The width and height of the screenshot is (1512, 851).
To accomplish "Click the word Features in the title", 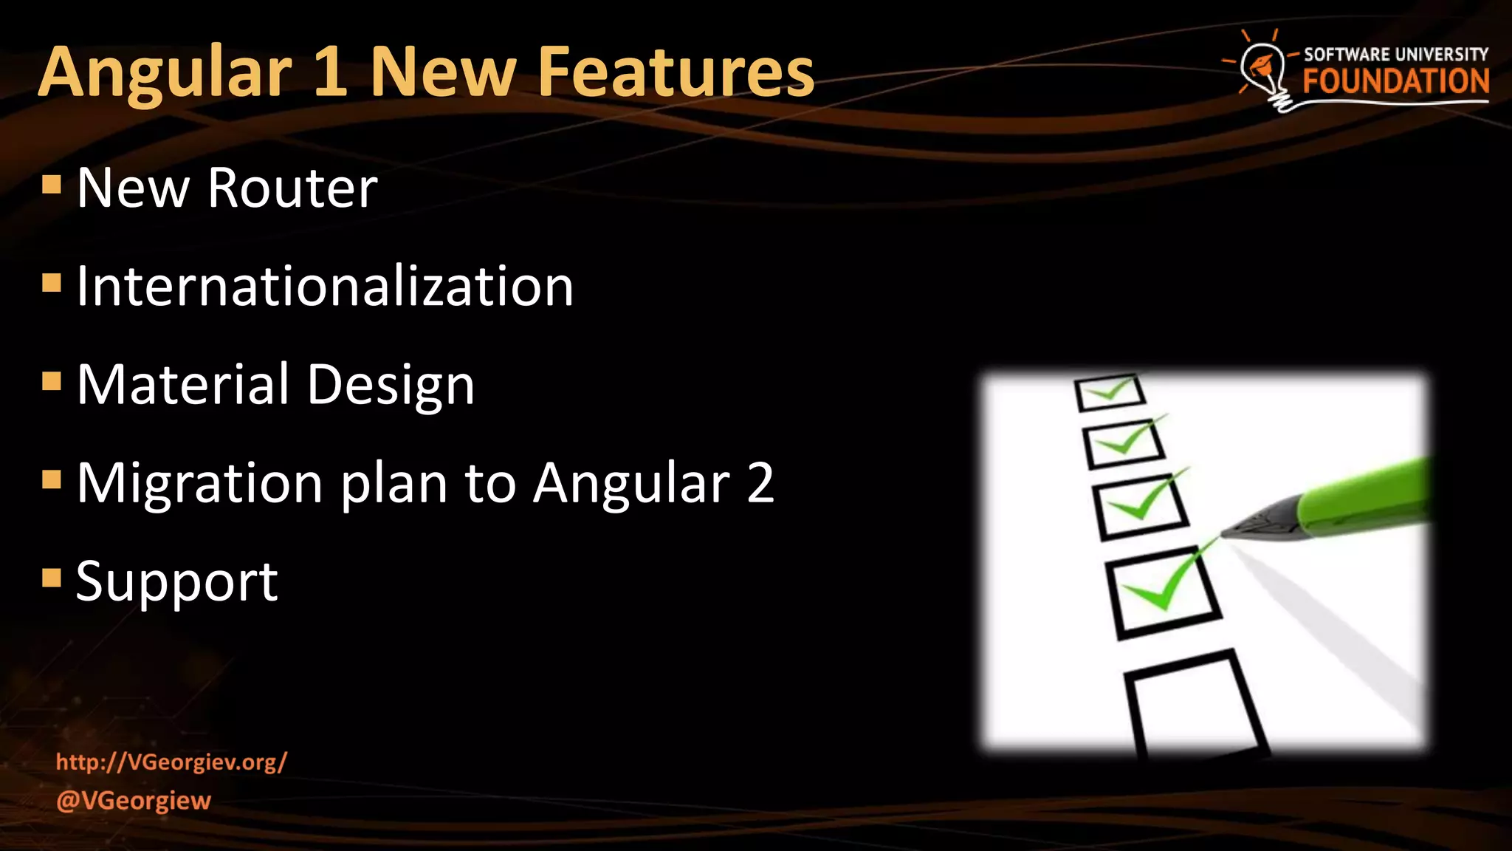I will click(676, 72).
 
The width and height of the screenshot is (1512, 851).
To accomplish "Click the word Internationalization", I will click(325, 286).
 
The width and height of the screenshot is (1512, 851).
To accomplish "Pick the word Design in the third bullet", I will click(391, 386).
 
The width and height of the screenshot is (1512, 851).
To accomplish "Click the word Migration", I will click(199, 484).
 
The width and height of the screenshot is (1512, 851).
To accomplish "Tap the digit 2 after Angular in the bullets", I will click(760, 482).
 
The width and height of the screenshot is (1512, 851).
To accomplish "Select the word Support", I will click(177, 581).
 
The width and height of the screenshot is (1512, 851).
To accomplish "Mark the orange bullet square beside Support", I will click(52, 577).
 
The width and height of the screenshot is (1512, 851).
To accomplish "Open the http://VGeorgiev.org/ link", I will click(171, 762).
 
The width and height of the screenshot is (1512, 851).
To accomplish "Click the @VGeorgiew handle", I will click(134, 800).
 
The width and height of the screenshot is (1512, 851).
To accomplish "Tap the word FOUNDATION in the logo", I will click(1395, 81).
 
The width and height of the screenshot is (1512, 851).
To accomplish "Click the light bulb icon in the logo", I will click(1265, 70).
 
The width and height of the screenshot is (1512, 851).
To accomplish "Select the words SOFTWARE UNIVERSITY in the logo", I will click(1395, 54).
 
